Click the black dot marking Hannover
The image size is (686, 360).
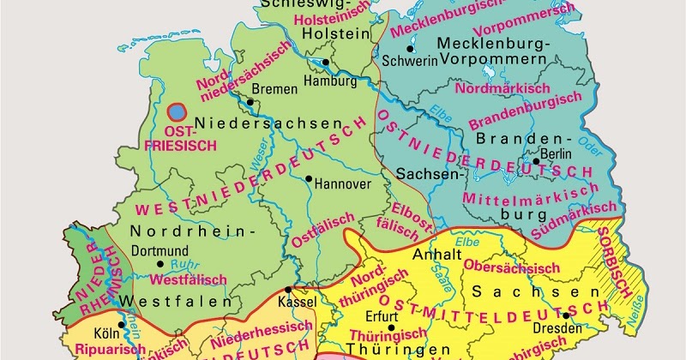309,178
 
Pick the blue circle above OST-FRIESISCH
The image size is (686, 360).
177,111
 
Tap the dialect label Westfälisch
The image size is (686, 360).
188,279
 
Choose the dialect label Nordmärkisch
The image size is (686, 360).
491,88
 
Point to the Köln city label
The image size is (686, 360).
105,333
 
